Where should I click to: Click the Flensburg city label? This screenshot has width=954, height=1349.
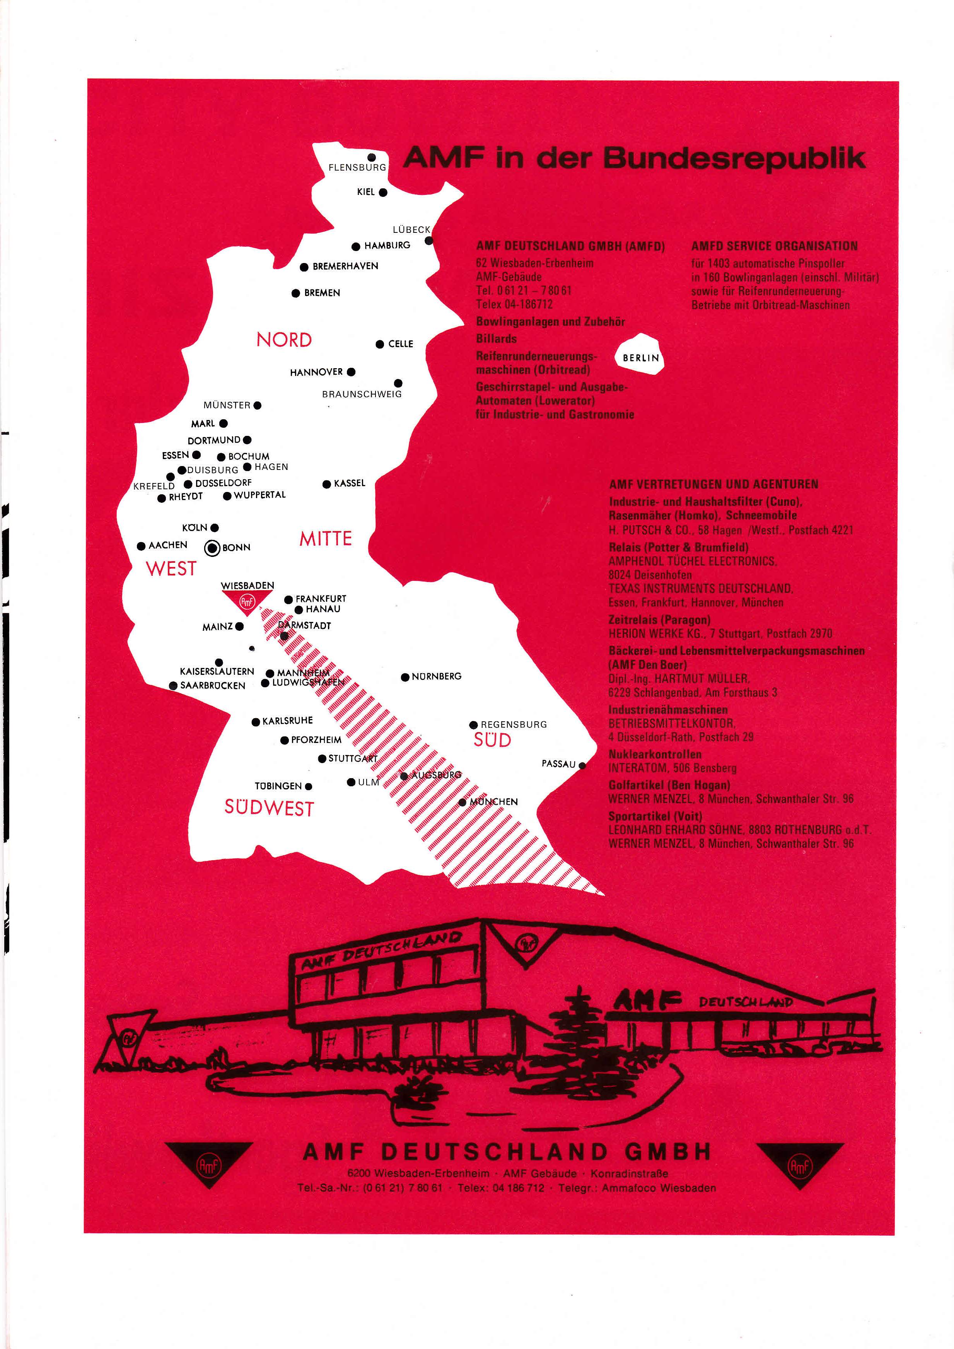(357, 168)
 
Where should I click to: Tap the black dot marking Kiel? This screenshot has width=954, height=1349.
(383, 193)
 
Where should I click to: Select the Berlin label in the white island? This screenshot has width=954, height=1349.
(641, 358)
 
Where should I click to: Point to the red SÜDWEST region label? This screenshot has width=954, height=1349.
(269, 808)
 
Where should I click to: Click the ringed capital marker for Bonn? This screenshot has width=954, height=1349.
(212, 548)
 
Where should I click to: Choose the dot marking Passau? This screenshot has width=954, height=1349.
(582, 765)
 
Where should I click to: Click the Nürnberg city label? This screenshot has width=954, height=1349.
(437, 677)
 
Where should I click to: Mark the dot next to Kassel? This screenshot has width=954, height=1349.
(327, 485)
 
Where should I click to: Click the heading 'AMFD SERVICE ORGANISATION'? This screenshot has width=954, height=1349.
(774, 246)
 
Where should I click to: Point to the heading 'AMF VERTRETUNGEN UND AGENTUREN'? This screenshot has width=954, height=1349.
(713, 485)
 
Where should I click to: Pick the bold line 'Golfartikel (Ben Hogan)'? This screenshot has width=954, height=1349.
(669, 785)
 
